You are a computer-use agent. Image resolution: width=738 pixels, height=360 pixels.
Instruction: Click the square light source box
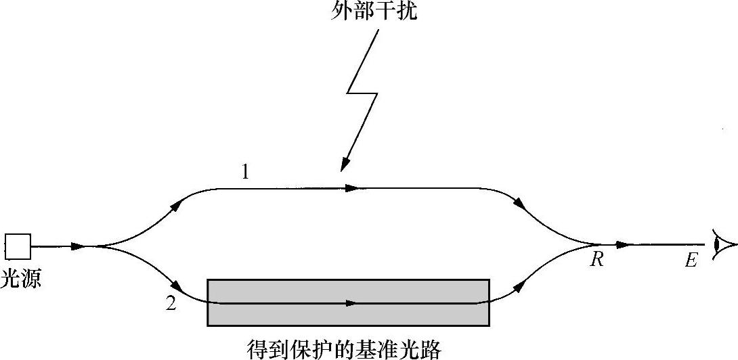pos(18,246)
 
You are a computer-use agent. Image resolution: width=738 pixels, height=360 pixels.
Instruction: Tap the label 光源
pos(21,278)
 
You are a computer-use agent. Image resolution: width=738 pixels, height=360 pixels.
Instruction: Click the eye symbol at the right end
pos(723,244)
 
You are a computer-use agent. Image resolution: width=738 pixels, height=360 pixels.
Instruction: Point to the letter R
pos(596,260)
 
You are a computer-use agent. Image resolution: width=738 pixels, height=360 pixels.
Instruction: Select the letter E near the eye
pos(691,261)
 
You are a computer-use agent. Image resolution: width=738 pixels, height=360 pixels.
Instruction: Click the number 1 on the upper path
pos(245,173)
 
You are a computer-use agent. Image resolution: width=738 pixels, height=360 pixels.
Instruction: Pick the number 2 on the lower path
pos(171,304)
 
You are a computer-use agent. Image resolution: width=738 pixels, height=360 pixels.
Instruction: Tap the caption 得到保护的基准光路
pos(345,349)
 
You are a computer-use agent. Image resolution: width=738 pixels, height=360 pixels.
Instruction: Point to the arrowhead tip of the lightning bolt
pos(343,167)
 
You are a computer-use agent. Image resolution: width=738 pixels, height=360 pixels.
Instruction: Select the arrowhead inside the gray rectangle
pos(350,302)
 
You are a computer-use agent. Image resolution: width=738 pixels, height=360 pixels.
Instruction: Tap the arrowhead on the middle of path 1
pos(351,188)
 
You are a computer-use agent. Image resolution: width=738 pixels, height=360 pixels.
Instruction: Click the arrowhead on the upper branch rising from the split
pos(177,204)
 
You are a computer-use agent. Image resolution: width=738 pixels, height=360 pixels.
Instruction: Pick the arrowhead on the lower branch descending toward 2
pos(177,287)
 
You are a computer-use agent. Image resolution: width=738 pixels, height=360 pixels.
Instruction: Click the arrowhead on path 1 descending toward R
pos(520,204)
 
